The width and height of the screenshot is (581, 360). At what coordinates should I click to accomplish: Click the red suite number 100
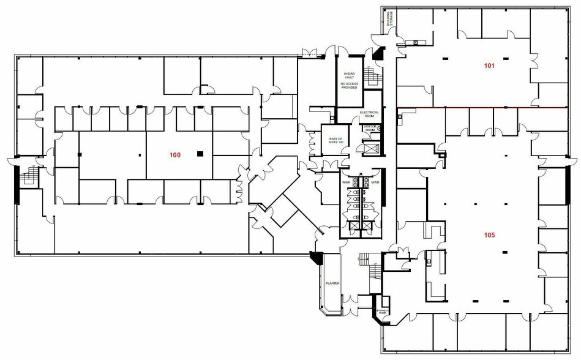click(175, 156)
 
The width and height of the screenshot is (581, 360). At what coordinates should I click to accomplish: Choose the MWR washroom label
click(375, 182)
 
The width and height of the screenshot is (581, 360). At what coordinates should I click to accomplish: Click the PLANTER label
click(332, 283)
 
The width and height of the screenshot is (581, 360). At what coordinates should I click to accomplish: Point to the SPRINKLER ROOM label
click(381, 310)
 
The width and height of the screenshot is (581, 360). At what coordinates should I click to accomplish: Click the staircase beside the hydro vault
click(371, 77)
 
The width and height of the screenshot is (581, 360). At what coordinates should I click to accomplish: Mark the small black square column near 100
click(199, 154)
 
